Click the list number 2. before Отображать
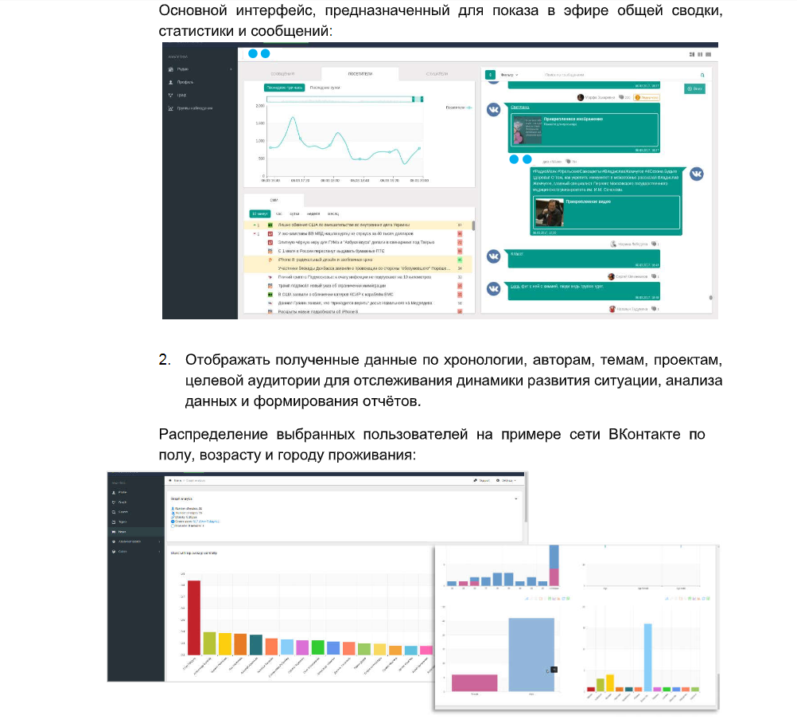coord(165,360)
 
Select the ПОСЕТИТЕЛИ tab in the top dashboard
coord(360,73)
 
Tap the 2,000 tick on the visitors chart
coord(259,106)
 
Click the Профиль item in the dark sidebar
coord(185,82)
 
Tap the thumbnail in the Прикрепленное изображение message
coord(526,130)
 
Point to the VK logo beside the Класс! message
coord(494,256)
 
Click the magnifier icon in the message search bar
coord(702,74)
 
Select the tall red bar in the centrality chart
coord(194,616)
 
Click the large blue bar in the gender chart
coord(531,654)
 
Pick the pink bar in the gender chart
coord(474,682)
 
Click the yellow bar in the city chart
coord(609,682)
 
